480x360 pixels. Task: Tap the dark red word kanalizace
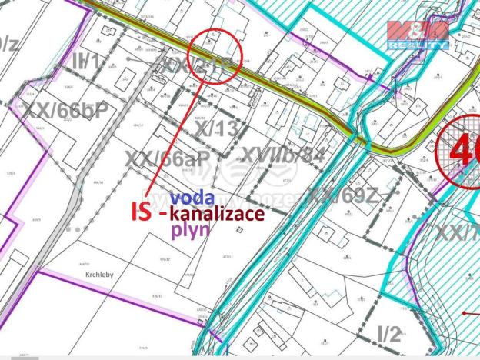tap(217, 214)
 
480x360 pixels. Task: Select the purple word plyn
tap(190, 230)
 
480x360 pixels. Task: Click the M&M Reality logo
tap(418, 35)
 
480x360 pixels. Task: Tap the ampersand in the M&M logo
tap(418, 32)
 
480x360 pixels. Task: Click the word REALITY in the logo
tap(418, 45)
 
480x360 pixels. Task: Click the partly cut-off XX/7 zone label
tap(459, 232)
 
